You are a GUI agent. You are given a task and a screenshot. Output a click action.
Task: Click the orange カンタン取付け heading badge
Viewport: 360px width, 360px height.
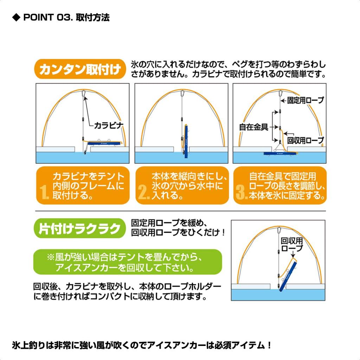81,70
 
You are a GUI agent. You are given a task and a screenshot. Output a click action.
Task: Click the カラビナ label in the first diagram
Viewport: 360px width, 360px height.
109,125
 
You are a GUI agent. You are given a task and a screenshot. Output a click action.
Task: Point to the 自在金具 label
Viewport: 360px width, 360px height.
253,127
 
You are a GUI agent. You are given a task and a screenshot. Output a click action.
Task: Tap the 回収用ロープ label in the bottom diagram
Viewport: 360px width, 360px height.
292,244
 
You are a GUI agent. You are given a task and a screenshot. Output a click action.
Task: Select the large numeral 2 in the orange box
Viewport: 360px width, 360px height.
143,193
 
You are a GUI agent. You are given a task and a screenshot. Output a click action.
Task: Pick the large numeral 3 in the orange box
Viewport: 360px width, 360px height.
242,193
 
